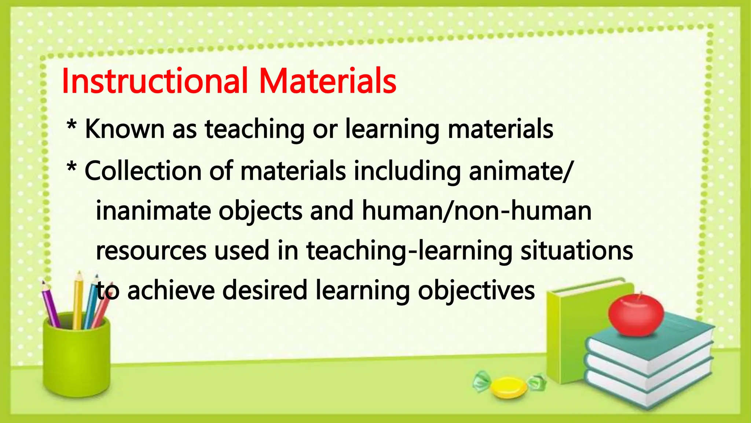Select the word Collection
tap(143, 171)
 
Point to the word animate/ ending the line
tap(520, 171)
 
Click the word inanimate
tap(153, 211)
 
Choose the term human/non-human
tap(477, 211)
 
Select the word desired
tap(264, 290)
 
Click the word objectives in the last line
tap(476, 290)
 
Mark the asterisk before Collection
tap(72, 168)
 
